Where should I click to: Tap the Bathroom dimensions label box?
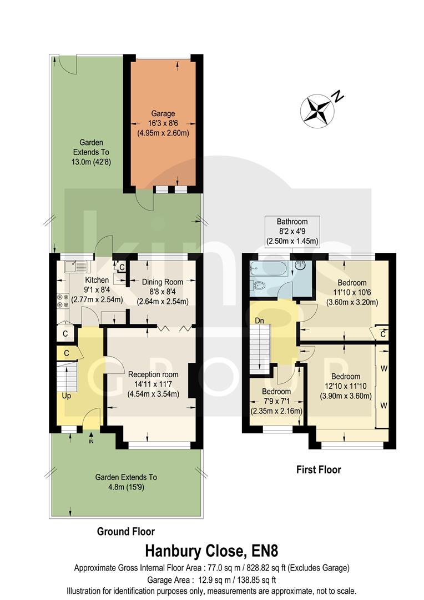[x=292, y=231]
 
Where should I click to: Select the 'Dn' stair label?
[x=259, y=321]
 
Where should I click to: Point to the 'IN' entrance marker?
[x=92, y=442]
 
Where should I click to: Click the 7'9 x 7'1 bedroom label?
[x=276, y=401]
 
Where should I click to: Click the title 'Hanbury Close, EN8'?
[x=211, y=551]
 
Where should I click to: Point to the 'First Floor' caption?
[x=318, y=470]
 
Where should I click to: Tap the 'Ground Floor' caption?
[x=126, y=531]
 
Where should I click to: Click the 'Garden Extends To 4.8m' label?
[x=126, y=482]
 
